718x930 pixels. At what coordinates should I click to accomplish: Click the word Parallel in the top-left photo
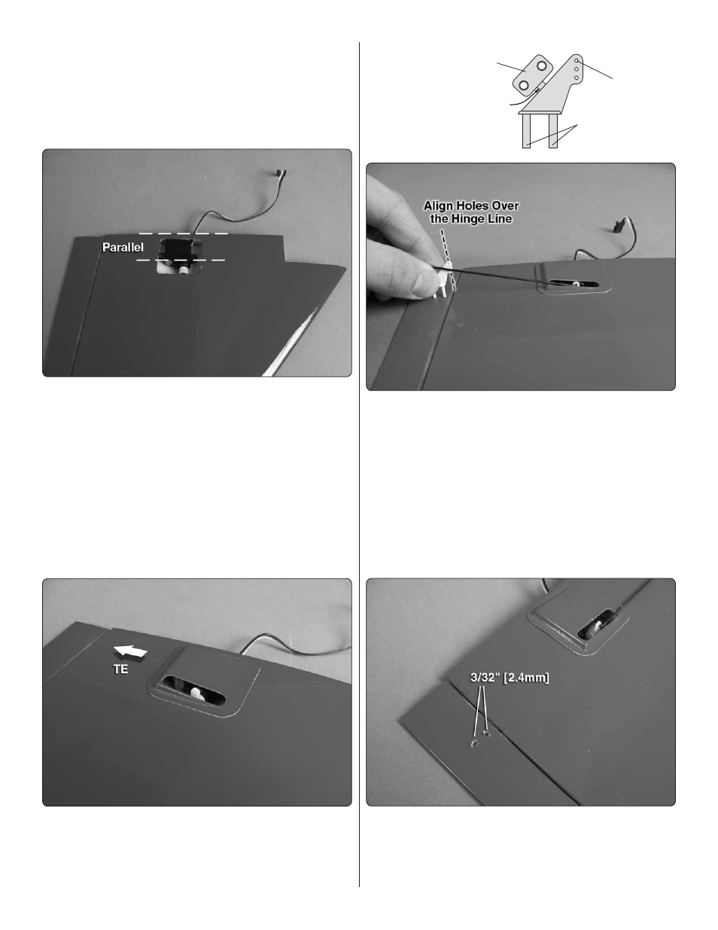tap(123, 247)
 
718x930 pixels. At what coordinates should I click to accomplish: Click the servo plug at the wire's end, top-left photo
tap(281, 172)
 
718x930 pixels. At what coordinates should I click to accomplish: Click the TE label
tap(120, 669)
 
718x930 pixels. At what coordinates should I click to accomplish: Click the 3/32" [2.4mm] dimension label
tap(510, 678)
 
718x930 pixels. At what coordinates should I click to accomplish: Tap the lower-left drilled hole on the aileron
tap(474, 744)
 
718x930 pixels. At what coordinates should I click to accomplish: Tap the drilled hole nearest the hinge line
tap(487, 734)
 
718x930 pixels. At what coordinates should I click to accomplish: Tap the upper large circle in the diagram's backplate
tap(541, 66)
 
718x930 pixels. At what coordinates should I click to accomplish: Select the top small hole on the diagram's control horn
tap(577, 61)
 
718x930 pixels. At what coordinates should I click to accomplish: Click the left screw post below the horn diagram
tap(526, 131)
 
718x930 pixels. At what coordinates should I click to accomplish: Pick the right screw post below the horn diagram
tap(553, 131)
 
